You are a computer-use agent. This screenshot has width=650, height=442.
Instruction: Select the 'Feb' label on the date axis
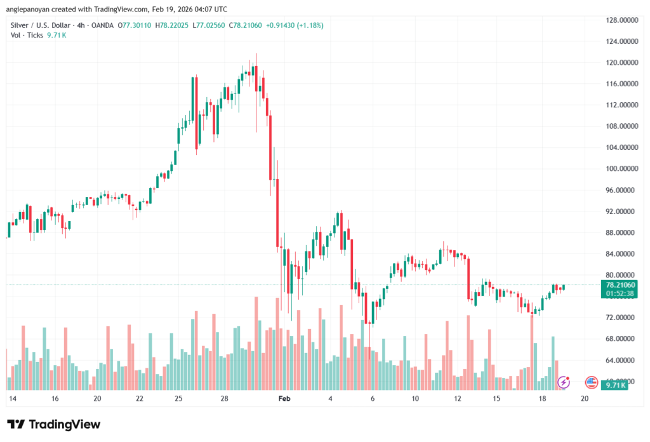(x=284, y=399)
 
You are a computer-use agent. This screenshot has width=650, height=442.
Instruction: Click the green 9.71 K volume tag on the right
(x=615, y=385)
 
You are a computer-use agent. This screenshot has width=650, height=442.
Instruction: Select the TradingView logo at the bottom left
(x=53, y=424)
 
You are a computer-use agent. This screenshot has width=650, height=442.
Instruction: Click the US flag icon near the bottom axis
(x=592, y=382)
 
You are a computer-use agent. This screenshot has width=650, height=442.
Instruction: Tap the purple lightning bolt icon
(x=564, y=382)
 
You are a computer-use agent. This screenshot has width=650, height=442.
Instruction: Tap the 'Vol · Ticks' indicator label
(x=27, y=35)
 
